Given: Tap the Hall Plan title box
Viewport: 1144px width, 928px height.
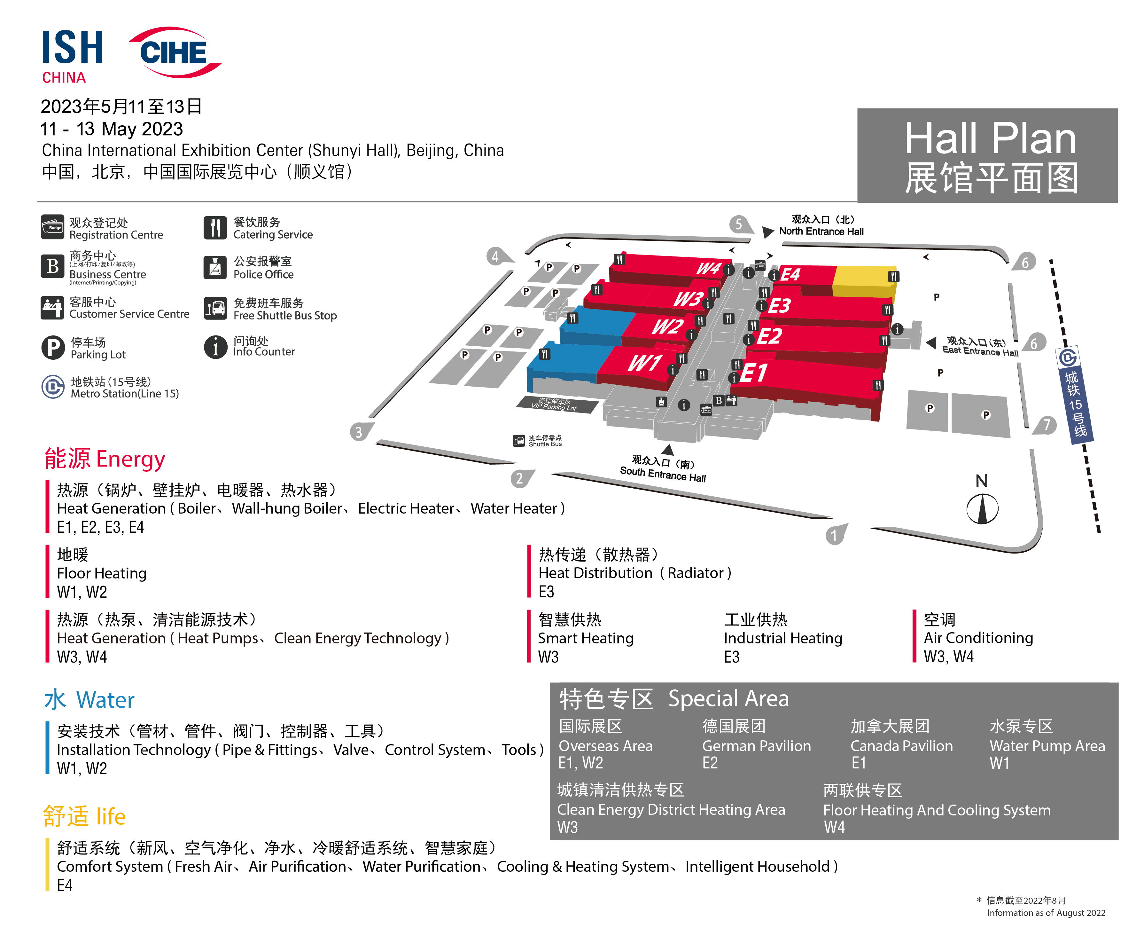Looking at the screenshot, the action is [987, 155].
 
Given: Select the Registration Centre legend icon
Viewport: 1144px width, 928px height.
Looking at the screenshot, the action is [52, 227].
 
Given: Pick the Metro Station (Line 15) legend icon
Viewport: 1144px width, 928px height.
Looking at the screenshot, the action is [53, 387].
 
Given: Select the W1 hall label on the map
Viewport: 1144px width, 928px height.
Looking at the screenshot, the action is [644, 364].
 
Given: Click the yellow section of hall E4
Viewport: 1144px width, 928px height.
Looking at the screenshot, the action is [864, 281].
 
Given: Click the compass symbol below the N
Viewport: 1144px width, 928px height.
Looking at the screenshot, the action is [982, 508].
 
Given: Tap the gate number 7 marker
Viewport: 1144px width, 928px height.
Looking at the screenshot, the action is [1046, 425].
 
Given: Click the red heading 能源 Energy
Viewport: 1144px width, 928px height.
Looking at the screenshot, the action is [105, 459].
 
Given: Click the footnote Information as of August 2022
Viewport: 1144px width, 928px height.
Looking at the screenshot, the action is [1046, 913].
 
